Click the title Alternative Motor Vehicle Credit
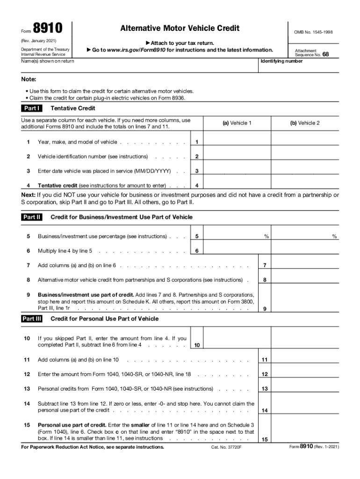click(x=180, y=29)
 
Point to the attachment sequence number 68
click(x=325, y=54)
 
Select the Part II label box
click(x=32, y=217)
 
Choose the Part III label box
click(x=32, y=319)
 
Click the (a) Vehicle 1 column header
click(x=237, y=123)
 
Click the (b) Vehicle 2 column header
click(x=305, y=123)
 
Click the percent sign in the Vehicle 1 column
click(x=266, y=237)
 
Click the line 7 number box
click(x=265, y=266)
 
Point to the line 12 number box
click(x=265, y=374)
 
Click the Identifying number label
click(x=281, y=61)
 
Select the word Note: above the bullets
click(x=29, y=80)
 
